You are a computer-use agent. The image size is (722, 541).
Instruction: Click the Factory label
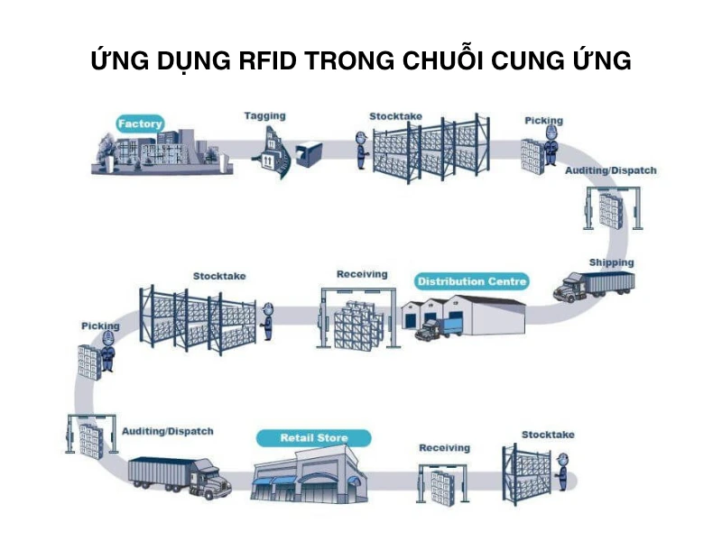(x=140, y=124)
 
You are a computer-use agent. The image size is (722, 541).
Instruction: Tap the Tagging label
(x=264, y=116)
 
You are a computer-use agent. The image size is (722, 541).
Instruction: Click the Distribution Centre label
(x=472, y=281)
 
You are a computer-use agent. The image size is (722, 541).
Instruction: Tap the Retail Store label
(x=313, y=438)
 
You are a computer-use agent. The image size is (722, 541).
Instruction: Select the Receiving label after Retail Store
(x=444, y=448)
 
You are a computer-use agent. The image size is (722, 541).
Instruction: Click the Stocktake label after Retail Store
(x=547, y=435)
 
